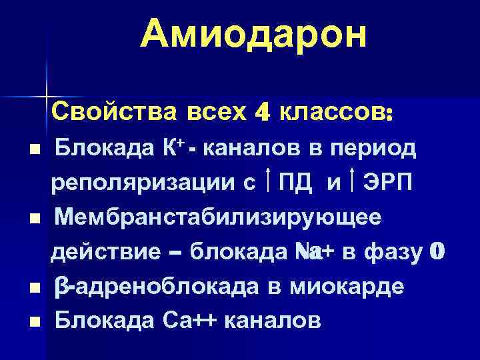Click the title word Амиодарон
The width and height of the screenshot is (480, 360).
(x=254, y=34)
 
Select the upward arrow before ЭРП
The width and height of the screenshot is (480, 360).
(x=351, y=180)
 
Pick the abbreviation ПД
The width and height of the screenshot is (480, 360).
(x=296, y=181)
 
